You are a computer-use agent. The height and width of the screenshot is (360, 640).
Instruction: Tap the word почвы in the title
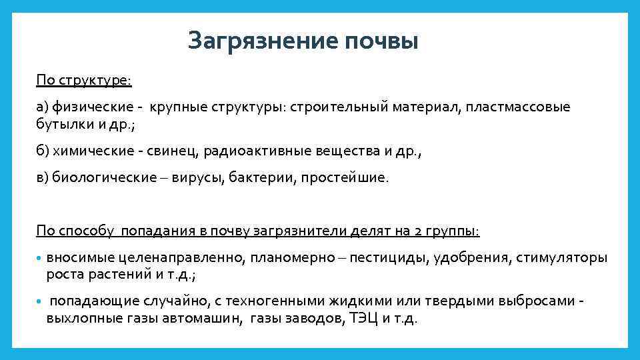382,41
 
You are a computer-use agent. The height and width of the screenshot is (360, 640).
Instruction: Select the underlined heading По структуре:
84,81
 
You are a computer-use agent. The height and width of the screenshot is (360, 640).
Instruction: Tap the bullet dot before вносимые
39,259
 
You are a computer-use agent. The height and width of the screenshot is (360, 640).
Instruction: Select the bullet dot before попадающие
39,302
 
